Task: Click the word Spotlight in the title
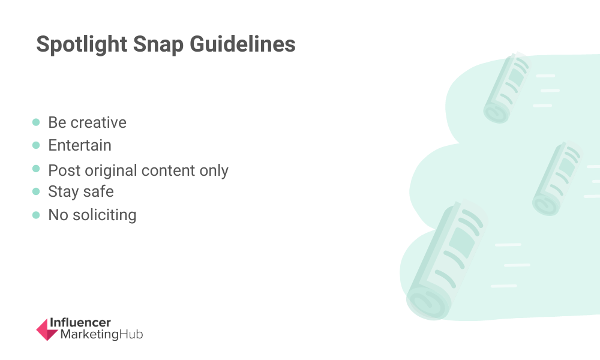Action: [82, 44]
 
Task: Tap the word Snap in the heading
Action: [158, 44]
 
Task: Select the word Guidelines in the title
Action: [242, 44]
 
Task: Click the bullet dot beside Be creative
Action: [36, 122]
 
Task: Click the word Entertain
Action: [80, 145]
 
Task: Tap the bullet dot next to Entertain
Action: [36, 145]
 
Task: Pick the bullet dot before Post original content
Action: [36, 169]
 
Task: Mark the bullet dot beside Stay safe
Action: [36, 191]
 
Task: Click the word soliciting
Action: [104, 215]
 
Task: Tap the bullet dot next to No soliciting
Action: [36, 215]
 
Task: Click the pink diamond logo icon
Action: [47, 329]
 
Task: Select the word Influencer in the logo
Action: [80, 323]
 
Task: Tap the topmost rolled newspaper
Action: [508, 88]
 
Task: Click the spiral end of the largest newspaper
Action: [428, 302]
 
